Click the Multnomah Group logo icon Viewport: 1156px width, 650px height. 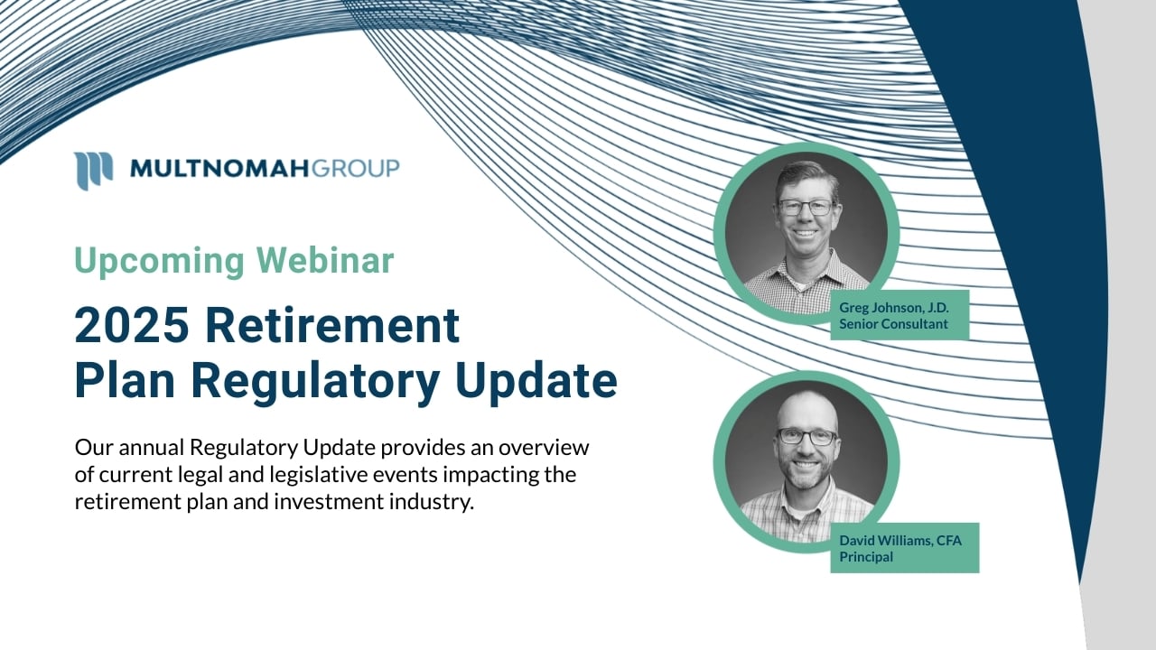tap(93, 171)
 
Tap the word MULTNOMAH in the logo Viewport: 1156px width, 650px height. tap(219, 169)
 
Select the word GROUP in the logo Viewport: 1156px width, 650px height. tap(356, 169)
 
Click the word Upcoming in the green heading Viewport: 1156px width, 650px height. tap(159, 261)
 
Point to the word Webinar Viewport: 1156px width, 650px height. tap(326, 260)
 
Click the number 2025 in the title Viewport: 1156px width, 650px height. tap(132, 325)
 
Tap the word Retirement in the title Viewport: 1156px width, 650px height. tap(333, 325)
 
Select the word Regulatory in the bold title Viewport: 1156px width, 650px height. tap(315, 382)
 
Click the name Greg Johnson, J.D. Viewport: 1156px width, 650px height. tap(894, 308)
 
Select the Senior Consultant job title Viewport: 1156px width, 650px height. tap(893, 324)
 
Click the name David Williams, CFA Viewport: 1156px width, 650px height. tap(900, 541)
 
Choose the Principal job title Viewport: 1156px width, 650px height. tap(866, 557)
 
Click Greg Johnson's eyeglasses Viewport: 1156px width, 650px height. tap(806, 208)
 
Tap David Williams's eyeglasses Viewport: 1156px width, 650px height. tap(807, 437)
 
